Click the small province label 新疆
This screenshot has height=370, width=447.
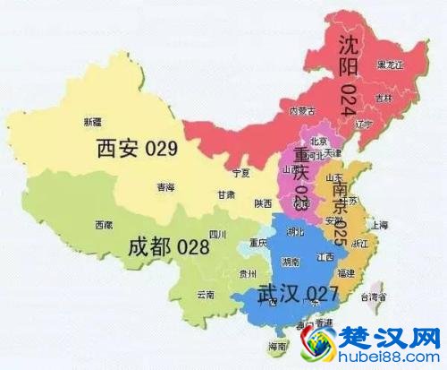pos(91,120)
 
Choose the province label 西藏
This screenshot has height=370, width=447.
pos(104,226)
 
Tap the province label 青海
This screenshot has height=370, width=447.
pos(166,187)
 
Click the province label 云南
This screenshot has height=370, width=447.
pos(207,294)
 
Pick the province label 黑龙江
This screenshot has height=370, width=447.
pos(391,65)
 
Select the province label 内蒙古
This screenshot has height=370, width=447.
pos(304,111)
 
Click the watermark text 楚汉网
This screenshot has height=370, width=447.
pos(384,339)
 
